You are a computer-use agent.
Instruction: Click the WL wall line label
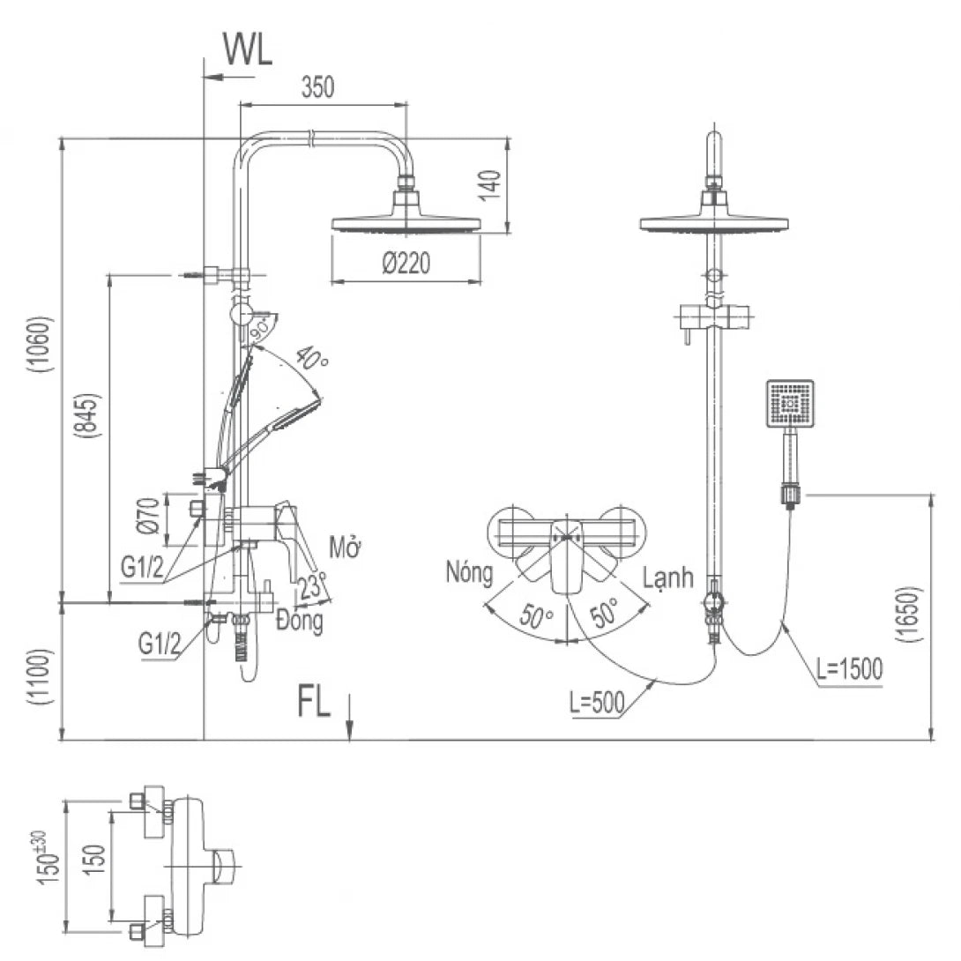(247, 50)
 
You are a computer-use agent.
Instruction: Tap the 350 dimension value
(317, 87)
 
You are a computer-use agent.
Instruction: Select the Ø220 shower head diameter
(406, 264)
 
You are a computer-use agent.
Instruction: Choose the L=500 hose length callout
(597, 703)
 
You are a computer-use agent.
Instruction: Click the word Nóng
(469, 573)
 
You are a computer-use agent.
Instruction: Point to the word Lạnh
(667, 578)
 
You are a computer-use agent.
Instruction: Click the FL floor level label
(313, 703)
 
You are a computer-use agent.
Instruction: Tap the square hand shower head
(790, 404)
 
